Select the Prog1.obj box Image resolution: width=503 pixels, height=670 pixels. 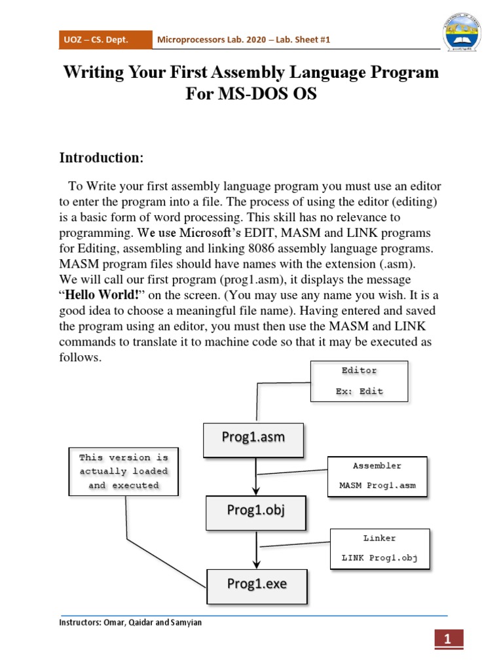[x=255, y=512]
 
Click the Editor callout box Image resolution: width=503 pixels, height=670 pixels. [x=359, y=381]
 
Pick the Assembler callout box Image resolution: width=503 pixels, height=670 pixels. [x=377, y=476]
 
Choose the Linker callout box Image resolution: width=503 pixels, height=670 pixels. [x=379, y=548]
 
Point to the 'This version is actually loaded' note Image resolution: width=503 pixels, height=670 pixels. [x=123, y=471]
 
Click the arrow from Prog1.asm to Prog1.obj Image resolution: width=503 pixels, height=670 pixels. [x=255, y=476]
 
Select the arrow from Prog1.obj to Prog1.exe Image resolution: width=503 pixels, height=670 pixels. [x=256, y=550]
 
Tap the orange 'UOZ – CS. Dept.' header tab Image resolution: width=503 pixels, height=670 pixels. [x=105, y=41]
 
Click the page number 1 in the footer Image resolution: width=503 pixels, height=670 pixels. [x=447, y=641]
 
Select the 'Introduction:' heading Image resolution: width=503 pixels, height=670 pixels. [x=101, y=158]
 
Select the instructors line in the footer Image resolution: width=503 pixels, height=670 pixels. [x=131, y=622]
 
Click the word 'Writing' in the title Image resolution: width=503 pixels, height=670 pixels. [x=94, y=72]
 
